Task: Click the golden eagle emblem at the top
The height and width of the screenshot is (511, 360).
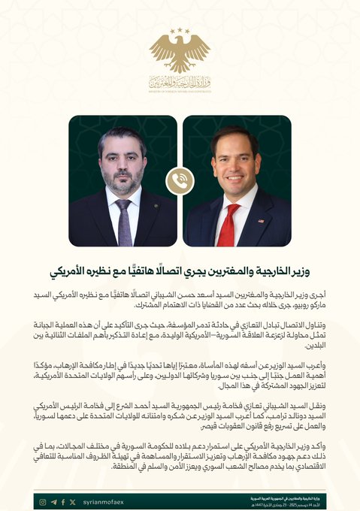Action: tap(180, 53)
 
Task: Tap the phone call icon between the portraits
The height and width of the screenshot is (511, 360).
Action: tap(180, 180)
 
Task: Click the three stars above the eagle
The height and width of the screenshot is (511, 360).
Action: tap(180, 32)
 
